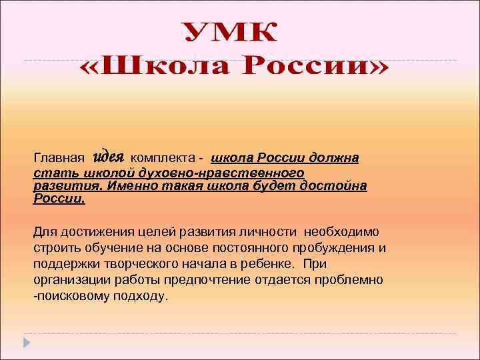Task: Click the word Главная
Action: click(x=59, y=159)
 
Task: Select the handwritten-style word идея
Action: click(x=108, y=157)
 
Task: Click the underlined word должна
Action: click(x=334, y=159)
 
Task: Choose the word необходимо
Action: click(x=341, y=232)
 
